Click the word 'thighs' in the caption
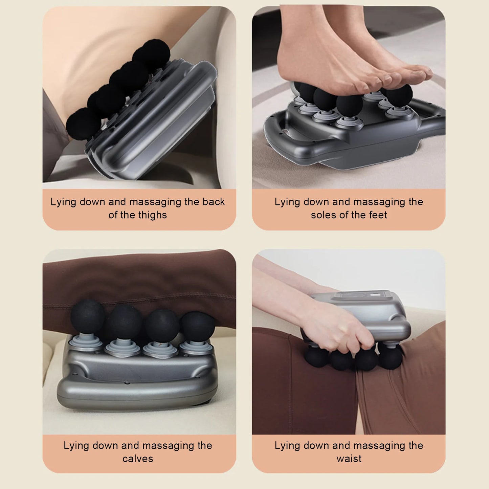click(x=152, y=215)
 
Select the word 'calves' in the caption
click(x=138, y=459)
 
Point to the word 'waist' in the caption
click(x=349, y=459)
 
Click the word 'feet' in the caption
click(x=378, y=215)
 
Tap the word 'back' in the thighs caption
click(x=214, y=202)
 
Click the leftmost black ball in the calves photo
click(x=87, y=316)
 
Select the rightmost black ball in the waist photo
click(x=391, y=357)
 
